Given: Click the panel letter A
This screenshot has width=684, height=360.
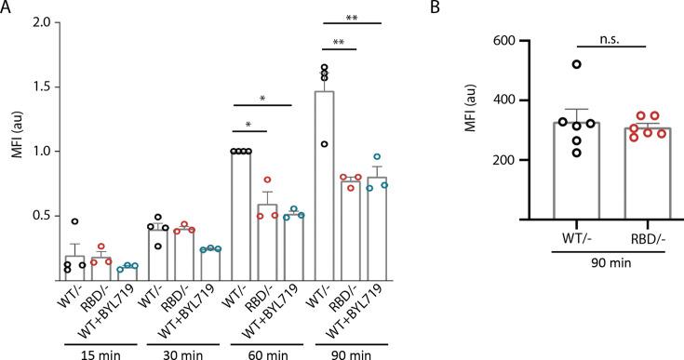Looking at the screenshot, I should coord(7,8).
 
